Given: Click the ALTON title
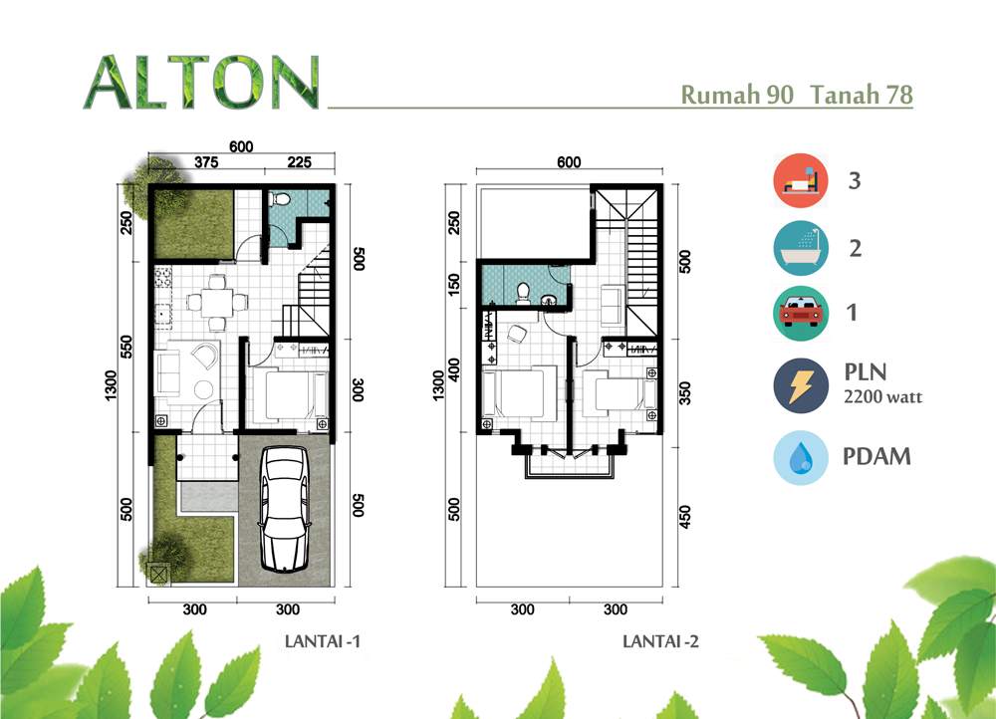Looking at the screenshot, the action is pos(201,82).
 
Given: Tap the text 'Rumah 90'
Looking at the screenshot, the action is pos(737,95).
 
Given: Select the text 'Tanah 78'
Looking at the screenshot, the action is pos(862,95).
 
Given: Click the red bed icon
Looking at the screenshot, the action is pos(801,180).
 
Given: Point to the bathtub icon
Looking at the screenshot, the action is pos(801,248).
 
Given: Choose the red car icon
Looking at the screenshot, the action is pos(801,313).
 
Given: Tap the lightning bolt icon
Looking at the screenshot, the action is pos(801,385).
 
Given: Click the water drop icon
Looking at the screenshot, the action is pos(801,458).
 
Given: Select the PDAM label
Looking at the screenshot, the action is pos(876,457).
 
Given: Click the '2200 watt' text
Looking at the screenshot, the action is pos(882,397).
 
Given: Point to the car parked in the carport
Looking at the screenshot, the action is pos(285,508).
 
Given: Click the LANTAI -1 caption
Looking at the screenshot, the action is pos(322,641).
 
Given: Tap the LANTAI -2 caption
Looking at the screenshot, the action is pos(660,641).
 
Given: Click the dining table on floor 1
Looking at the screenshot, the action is pos(216,303).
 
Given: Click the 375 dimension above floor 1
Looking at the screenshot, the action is pos(206,162).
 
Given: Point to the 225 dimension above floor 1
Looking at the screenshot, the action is pos(299,162).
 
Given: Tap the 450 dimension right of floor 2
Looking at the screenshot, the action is pos(685,517).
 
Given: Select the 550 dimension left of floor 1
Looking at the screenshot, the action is pos(126,347).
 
